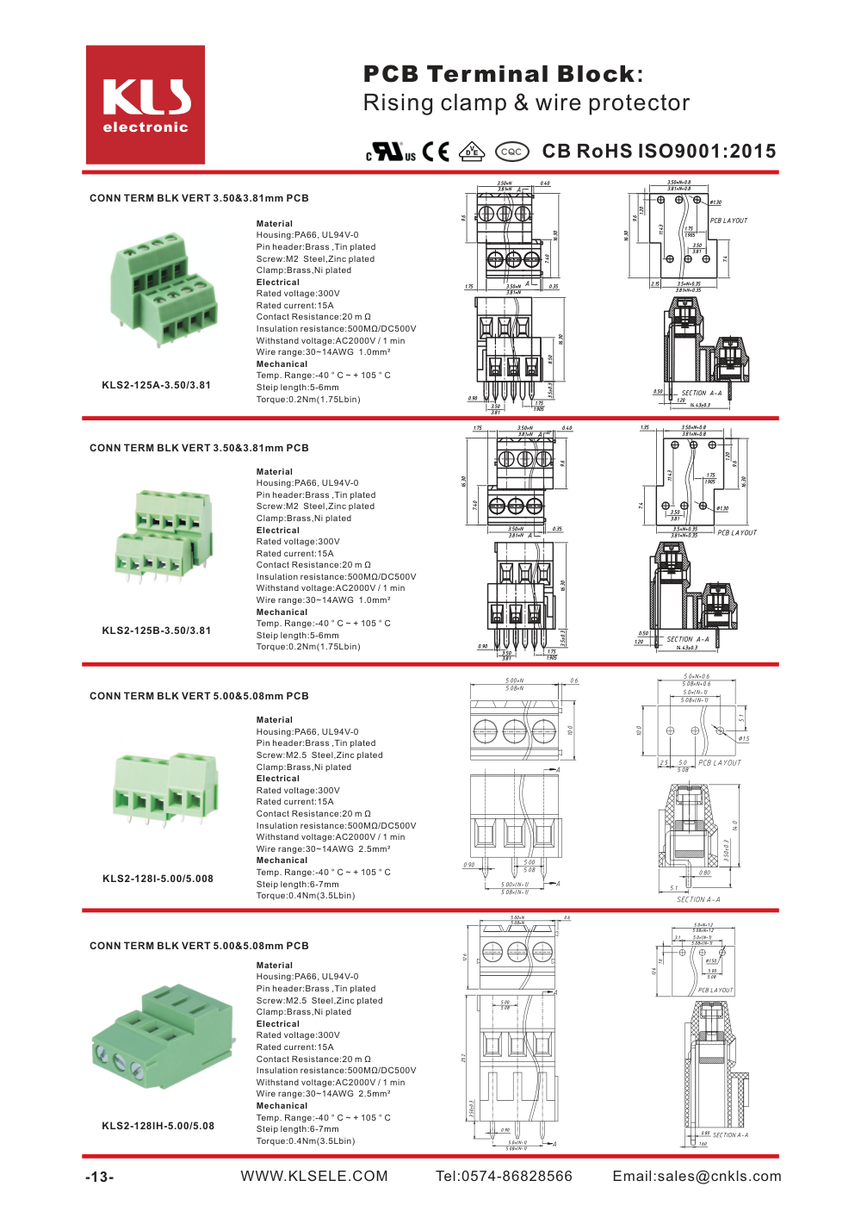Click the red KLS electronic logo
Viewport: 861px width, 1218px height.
coord(146,104)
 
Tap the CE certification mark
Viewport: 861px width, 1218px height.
coord(436,152)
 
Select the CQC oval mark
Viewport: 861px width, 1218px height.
coord(511,152)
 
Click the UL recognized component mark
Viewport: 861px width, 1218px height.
coord(391,152)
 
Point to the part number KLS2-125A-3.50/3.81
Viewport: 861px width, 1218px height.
coord(156,385)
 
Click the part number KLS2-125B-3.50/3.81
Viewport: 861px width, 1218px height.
coord(156,631)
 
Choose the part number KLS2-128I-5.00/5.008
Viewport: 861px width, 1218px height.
coord(158,879)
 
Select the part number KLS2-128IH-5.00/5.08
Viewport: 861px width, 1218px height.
coord(158,1126)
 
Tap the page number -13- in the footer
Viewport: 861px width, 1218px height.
coord(99,1177)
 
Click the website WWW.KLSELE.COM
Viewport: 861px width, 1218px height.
coord(314,1176)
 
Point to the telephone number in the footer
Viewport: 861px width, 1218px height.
coord(504,1176)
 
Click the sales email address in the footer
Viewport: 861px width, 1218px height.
coord(697,1176)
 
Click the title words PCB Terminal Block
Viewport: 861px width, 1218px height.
coord(502,74)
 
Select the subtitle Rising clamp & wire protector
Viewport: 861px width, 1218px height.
coord(526,103)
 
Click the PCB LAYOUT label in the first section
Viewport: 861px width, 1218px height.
coord(728,221)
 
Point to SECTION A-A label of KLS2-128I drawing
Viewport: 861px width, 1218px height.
coord(698,899)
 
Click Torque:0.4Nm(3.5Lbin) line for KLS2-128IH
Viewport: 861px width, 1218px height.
coord(306,1141)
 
